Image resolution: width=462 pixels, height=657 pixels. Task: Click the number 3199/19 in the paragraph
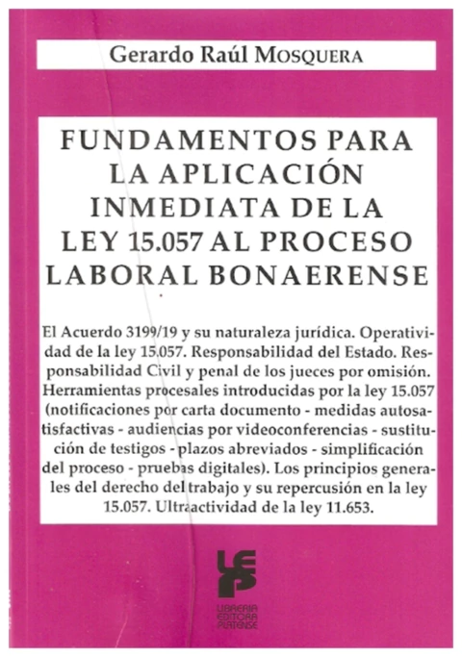(x=160, y=329)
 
